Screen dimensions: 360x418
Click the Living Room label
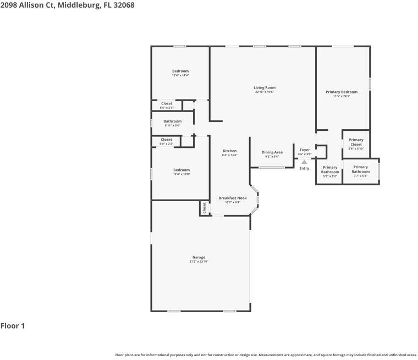265,88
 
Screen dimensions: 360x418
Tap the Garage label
199,257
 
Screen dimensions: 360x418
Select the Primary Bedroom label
341,92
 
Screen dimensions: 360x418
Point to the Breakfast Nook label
233,198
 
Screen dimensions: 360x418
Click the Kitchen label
229,151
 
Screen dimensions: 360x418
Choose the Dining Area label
272,152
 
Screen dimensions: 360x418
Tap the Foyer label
304,150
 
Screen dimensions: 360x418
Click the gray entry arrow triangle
304,162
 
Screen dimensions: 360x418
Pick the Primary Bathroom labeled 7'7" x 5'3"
360,169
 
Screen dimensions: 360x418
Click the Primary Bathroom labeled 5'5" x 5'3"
330,170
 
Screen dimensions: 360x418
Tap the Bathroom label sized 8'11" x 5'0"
172,121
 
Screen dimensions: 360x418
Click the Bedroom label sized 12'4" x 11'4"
180,71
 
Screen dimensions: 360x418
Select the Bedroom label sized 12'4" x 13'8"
181,170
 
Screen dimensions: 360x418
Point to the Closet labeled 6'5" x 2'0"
167,104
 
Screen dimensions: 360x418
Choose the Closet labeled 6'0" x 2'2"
166,140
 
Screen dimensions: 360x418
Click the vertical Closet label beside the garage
204,208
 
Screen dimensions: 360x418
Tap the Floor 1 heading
13,326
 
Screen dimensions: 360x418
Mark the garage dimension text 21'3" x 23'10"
199,262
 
